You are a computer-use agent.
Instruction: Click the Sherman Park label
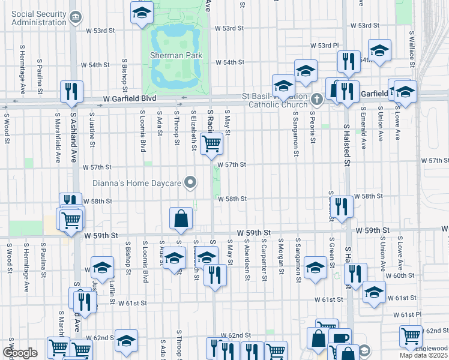click(176, 55)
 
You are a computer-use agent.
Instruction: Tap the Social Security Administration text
click(38, 17)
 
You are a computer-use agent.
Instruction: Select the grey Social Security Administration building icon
click(76, 18)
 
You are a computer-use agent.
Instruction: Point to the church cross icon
click(318, 98)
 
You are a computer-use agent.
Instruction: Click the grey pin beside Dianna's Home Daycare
click(191, 182)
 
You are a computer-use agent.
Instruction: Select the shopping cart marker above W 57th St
click(211, 144)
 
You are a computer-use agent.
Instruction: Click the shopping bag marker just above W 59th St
click(181, 219)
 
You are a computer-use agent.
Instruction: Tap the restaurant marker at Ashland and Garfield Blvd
click(71, 92)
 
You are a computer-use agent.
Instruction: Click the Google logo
click(20, 352)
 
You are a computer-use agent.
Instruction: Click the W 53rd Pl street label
click(325, 46)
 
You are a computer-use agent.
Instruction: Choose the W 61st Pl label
click(412, 314)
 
